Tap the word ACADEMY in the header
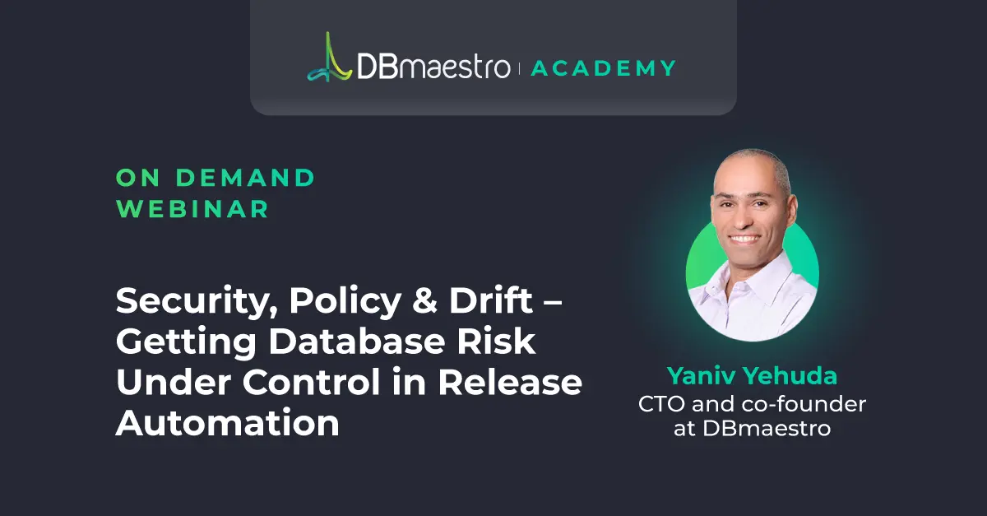pos(604,67)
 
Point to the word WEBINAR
pos(192,209)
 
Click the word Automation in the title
pos(227,422)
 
